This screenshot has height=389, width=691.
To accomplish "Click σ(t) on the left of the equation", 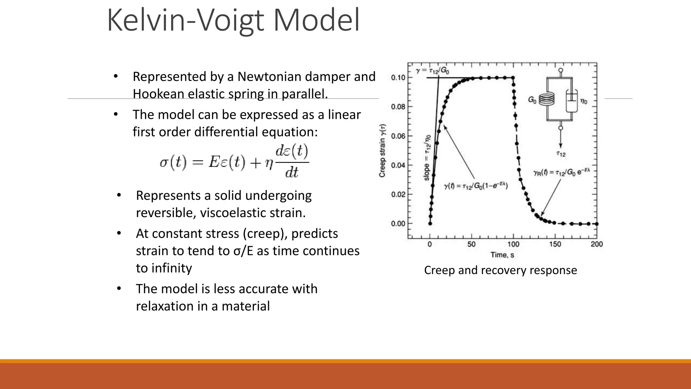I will pos(173,163).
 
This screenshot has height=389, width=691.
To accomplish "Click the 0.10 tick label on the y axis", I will pos(398,78).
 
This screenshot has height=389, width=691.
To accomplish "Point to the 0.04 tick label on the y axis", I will pos(398,165).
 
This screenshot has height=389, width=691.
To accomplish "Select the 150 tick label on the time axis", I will pos(555,244).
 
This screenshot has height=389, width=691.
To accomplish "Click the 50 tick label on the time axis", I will pos(471,244).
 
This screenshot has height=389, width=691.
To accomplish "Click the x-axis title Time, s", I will pos(502,255).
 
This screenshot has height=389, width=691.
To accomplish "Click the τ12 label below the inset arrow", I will pos(561,154).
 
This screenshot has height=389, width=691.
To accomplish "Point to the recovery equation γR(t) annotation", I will pos(561,172).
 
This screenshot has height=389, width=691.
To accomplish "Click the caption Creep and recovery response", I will pos(500,270).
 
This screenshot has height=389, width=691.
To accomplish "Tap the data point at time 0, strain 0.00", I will pos(430,224).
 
